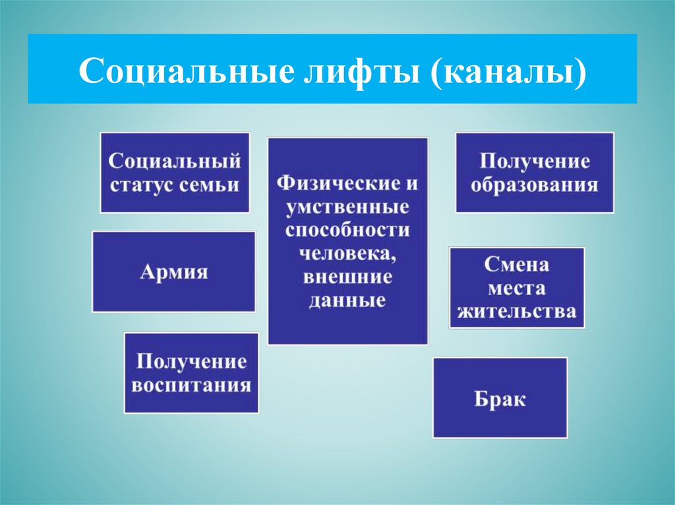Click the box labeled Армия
[173, 271]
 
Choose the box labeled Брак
[500, 398]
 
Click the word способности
[347, 230]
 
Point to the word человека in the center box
[347, 253]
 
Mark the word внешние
[347, 277]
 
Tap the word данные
[347, 301]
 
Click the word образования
[535, 184]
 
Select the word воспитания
[191, 385]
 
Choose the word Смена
[517, 265]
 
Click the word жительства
[517, 311]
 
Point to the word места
[517, 288]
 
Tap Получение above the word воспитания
[191, 361]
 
